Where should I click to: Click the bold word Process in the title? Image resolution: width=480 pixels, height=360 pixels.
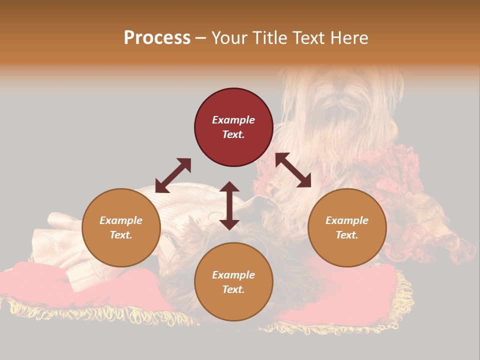[157, 38]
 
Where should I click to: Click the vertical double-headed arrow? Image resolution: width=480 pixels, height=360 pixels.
[229, 205]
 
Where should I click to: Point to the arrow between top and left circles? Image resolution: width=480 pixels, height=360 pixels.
[173, 175]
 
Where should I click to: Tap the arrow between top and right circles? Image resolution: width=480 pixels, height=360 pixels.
[293, 170]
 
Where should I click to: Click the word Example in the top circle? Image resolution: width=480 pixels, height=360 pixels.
[233, 120]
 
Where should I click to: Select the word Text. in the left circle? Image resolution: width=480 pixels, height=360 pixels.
[121, 235]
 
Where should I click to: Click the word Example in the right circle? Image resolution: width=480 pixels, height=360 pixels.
[347, 220]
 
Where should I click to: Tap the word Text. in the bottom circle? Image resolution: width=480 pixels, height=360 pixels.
[233, 289]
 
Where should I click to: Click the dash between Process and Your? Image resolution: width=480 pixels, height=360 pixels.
[200, 38]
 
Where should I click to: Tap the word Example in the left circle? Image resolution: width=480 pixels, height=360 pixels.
[121, 220]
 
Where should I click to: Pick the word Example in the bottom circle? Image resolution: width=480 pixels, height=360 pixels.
[233, 275]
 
